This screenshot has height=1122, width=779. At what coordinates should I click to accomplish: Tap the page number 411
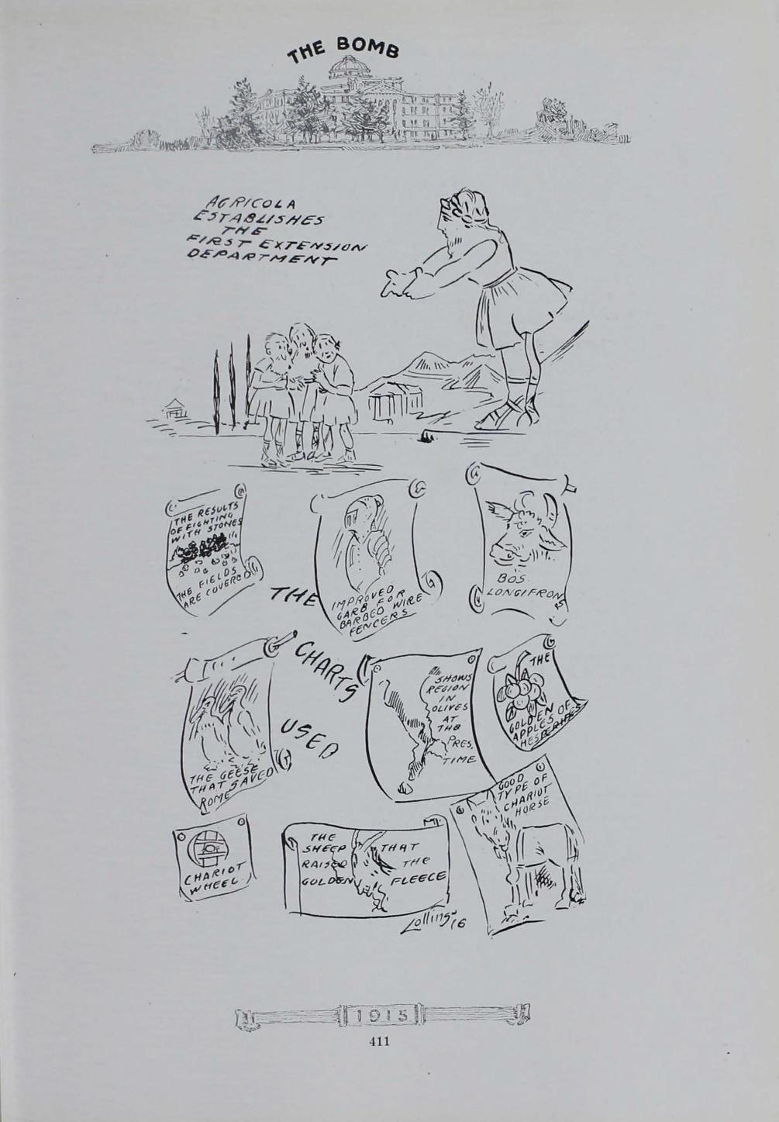point(379,1041)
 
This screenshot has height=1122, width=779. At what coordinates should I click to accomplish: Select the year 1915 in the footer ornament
point(381,1014)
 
